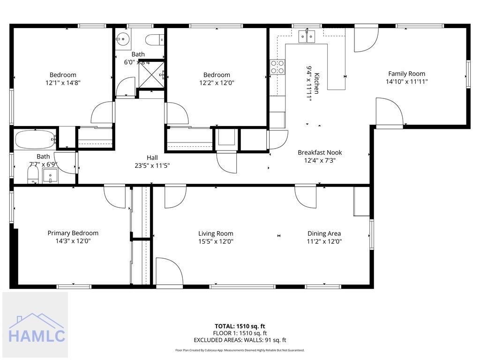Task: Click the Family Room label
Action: click(406, 74)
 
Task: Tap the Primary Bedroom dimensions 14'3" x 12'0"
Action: click(73, 241)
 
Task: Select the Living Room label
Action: click(216, 233)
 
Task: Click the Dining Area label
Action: click(324, 233)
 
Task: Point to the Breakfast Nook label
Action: click(320, 152)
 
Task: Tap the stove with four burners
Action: click(277, 67)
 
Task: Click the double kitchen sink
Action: click(307, 36)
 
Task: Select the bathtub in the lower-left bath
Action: click(35, 139)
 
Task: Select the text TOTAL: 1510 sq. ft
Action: click(240, 326)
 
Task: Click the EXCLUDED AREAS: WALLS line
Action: click(240, 340)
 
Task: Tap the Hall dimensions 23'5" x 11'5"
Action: click(152, 165)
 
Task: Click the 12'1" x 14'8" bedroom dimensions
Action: click(63, 82)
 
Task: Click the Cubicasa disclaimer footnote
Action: click(240, 350)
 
